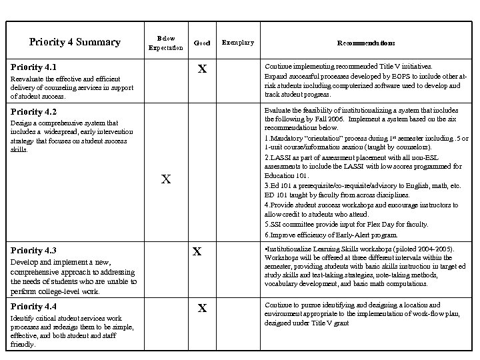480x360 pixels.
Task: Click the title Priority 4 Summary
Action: coord(75,43)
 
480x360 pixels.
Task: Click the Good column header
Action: coord(201,43)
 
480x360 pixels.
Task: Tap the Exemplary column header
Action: coord(237,43)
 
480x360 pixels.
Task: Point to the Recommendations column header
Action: coord(365,43)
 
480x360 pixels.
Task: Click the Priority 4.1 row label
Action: coord(33,67)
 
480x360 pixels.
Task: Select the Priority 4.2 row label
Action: coord(33,111)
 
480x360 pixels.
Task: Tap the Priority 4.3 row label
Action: coord(33,251)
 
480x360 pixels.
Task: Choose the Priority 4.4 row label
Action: coord(33,307)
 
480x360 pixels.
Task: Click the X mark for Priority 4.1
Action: coord(203,69)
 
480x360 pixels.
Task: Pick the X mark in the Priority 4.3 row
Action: coord(197,251)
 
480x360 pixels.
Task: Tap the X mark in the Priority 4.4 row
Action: coord(203,308)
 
